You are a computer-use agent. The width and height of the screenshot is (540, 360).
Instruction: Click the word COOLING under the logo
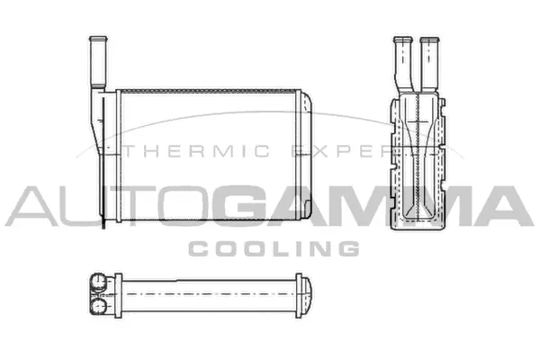tap(274, 247)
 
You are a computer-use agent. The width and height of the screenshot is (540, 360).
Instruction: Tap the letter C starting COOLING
tap(196, 247)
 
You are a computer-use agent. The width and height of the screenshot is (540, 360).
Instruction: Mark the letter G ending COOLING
tap(349, 247)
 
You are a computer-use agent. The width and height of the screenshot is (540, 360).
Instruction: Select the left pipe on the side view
tap(401, 63)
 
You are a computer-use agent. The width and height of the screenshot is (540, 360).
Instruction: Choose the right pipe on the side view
tap(428, 63)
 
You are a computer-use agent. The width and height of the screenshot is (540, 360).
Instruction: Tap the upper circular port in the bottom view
tap(98, 283)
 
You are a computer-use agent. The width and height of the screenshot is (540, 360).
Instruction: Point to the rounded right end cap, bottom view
tap(307, 293)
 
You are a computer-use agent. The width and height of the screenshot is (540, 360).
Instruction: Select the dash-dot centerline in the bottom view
tap(207, 293)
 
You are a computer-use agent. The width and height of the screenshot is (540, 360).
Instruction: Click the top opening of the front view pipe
tap(97, 38)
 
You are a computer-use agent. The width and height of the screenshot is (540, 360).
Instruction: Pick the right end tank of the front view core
tap(309, 155)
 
